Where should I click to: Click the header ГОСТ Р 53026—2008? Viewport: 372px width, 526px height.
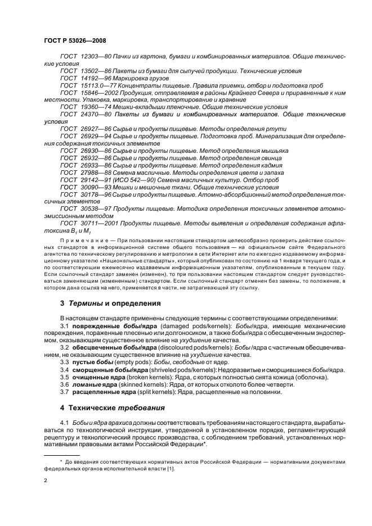pyautogui.click(x=74, y=41)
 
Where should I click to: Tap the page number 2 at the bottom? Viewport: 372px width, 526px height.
pyautogui.click(x=46, y=481)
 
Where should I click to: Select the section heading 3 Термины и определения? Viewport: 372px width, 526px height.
pyautogui.click(x=110, y=303)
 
